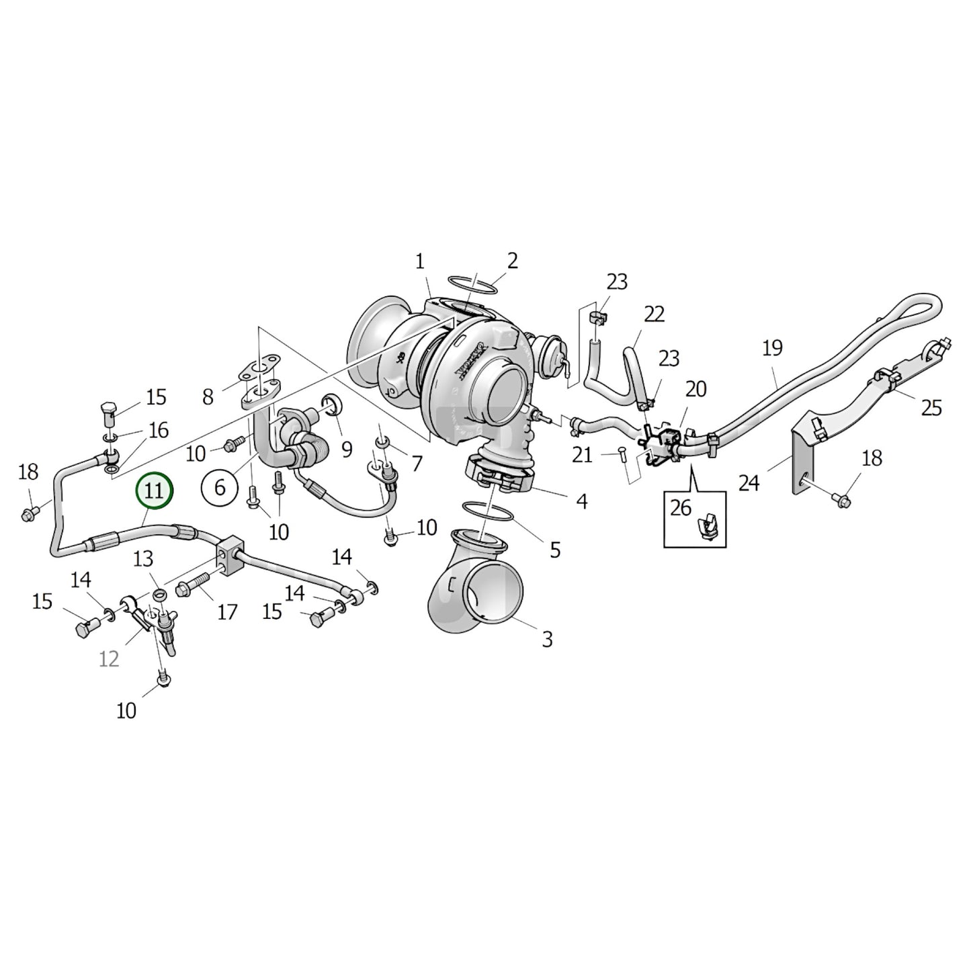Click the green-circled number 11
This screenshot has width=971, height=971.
click(x=155, y=491)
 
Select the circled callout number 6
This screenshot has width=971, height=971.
click(x=219, y=487)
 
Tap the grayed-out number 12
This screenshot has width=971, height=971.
click(x=109, y=659)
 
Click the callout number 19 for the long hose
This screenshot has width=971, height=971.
click(x=773, y=348)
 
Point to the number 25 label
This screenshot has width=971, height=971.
click(x=931, y=408)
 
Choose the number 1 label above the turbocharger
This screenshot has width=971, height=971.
click(x=420, y=261)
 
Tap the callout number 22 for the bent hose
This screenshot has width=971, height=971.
click(x=654, y=314)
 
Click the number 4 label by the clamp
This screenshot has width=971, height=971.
click(x=581, y=501)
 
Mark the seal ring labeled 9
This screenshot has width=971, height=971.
click(x=333, y=405)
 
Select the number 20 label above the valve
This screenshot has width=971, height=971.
click(x=695, y=389)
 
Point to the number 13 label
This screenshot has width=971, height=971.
click(x=142, y=558)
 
